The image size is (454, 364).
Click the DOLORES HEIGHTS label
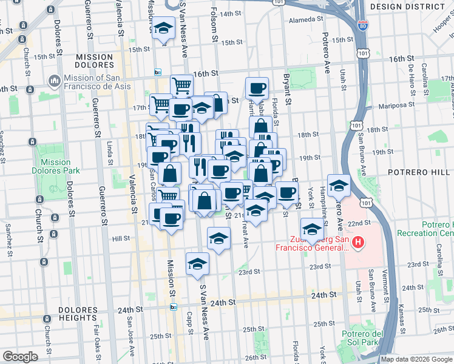click(78, 313)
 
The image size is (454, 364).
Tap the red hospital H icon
click(358, 243)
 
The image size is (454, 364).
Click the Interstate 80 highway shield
click(362, 25)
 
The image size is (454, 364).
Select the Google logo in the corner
click(19, 357)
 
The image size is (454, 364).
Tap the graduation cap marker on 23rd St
click(198, 264)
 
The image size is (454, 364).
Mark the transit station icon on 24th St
click(174, 307)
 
